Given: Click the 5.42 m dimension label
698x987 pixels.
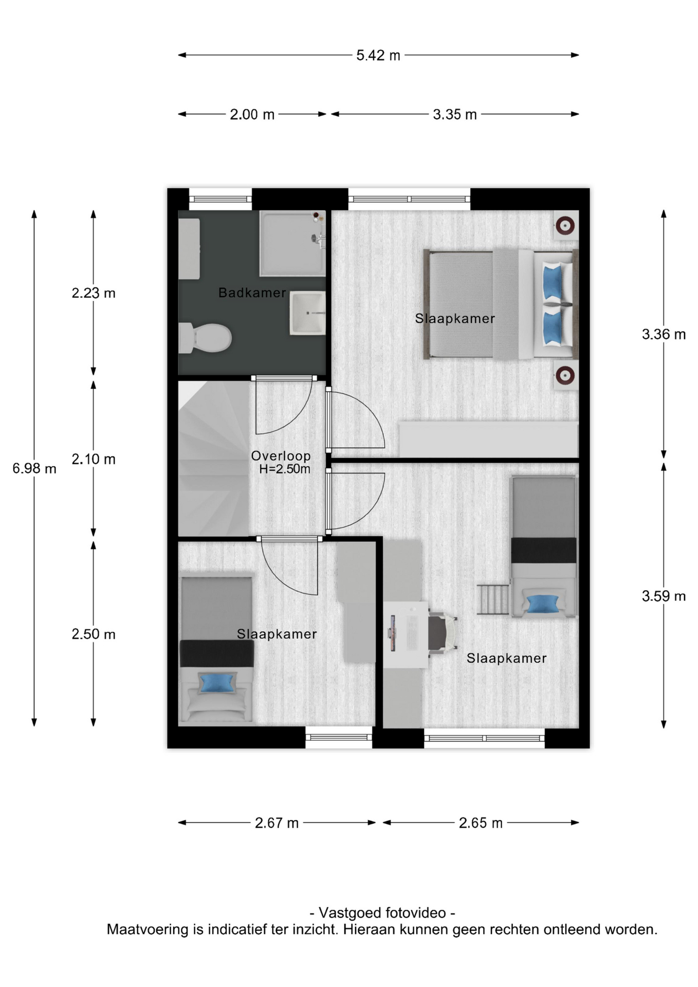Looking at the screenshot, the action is coord(378,55).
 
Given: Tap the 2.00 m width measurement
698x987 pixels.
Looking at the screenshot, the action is coord(252,114).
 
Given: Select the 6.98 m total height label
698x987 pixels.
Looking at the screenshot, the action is coord(34,468).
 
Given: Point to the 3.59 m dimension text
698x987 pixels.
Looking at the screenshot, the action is coord(664,596).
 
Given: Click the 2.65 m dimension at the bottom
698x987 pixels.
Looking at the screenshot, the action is coord(481,823).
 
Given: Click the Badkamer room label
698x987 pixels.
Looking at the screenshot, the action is coord(252,293).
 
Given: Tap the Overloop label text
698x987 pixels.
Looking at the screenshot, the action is coord(281,455).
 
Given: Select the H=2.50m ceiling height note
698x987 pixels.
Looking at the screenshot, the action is coord(285,469).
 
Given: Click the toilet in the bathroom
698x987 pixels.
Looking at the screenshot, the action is coord(205,338).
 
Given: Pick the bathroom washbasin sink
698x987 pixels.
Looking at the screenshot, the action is coord(307,313).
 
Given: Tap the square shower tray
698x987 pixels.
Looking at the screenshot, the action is coord(292,244).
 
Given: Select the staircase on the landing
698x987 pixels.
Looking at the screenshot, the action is coord(214,459).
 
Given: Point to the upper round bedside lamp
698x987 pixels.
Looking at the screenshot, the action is coord(565,225).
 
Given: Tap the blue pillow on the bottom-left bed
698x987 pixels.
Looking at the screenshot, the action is coord(217,683).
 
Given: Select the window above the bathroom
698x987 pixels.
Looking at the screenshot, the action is coord(221,199).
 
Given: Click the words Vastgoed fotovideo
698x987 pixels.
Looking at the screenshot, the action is coord(382,912).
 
